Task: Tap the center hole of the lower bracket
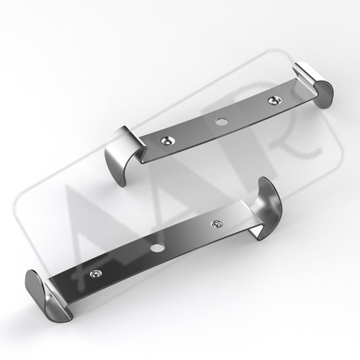tap(157, 248)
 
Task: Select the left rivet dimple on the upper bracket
tap(166, 140)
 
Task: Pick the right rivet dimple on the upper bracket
tap(274, 100)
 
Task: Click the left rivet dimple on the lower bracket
tap(96, 274)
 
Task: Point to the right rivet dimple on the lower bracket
tap(216, 224)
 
